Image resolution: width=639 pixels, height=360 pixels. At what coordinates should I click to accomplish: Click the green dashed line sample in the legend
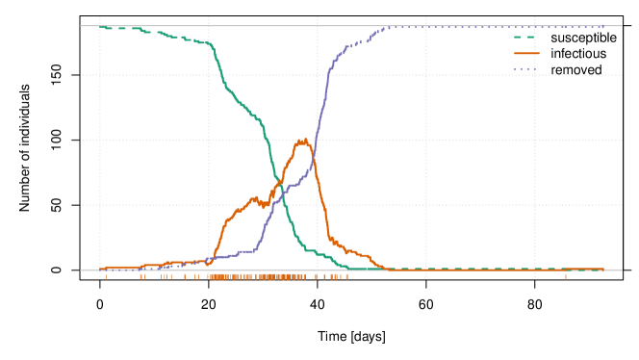click(x=525, y=37)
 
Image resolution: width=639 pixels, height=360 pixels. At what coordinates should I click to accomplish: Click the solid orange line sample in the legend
click(x=525, y=53)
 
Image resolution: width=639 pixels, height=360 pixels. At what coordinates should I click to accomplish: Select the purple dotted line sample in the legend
click(x=525, y=69)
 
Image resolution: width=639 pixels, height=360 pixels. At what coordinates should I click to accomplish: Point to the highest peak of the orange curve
click(x=303, y=141)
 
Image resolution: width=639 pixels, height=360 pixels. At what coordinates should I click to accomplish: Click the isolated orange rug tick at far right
click(x=565, y=276)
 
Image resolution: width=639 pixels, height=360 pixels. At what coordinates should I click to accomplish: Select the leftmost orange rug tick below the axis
click(x=106, y=276)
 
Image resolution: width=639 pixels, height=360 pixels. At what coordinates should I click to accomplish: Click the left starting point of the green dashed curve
click(x=100, y=27)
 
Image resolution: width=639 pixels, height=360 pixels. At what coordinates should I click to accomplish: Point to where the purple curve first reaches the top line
click(x=385, y=27)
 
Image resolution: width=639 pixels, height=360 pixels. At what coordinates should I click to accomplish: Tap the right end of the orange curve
click(x=603, y=270)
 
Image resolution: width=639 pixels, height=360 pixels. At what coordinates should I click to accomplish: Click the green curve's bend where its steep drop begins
click(x=211, y=44)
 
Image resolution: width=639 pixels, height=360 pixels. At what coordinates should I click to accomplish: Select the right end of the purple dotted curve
click(x=603, y=27)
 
